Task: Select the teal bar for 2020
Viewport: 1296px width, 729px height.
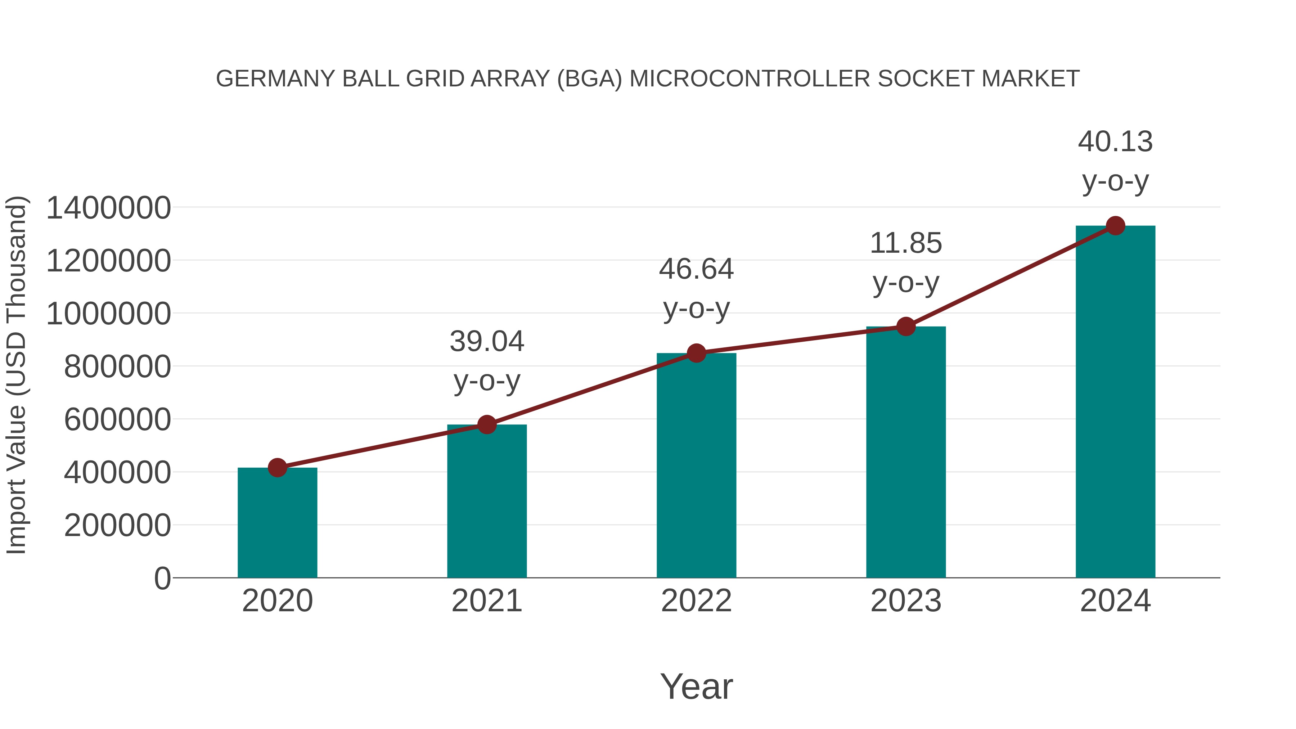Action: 277,523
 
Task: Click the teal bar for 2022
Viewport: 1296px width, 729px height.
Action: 696,465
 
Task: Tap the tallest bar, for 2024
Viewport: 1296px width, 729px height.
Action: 1115,402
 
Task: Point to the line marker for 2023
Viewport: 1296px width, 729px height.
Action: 906,327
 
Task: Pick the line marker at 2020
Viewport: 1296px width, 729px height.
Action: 277,467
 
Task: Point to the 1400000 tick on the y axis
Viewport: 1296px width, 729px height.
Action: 108,208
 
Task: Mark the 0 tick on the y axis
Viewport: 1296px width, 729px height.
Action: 162,579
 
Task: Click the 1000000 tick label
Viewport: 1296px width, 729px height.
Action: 108,314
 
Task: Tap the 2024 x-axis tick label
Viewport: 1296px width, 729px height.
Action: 1115,601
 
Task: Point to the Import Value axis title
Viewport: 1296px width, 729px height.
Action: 16,375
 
